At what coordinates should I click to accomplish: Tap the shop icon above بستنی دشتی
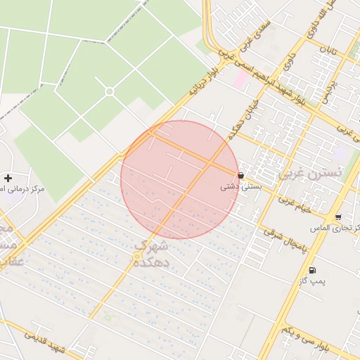coord(242,175)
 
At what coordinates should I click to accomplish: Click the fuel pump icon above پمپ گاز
coord(311,270)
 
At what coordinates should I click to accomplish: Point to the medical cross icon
coord(8,178)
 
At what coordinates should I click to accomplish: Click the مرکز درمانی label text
coord(22,189)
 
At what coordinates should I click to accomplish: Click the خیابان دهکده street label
coord(240,120)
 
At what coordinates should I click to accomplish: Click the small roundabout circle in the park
coord(110,91)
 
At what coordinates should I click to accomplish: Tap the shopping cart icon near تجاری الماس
coord(339,217)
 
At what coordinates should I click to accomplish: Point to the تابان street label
coord(329,49)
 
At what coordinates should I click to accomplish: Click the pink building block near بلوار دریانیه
coord(240,78)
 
